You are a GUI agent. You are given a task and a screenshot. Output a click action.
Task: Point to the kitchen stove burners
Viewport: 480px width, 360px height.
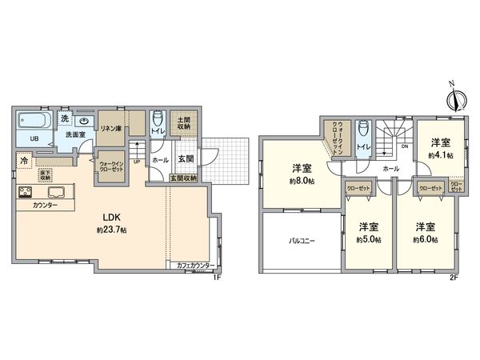pos(24,192)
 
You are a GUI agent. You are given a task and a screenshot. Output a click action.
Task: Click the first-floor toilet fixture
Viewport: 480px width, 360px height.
pos(157,115)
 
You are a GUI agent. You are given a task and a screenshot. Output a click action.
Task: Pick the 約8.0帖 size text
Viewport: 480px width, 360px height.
pos(302,181)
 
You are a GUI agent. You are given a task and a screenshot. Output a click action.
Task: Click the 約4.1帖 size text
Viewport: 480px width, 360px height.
pos(440,155)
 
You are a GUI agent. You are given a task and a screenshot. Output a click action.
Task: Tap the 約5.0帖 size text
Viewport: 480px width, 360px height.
pos(368,239)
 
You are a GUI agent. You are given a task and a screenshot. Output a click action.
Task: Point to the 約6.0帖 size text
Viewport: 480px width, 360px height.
pos(426,239)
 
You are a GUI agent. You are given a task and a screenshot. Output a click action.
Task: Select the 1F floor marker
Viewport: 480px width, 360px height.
pos(217,276)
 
